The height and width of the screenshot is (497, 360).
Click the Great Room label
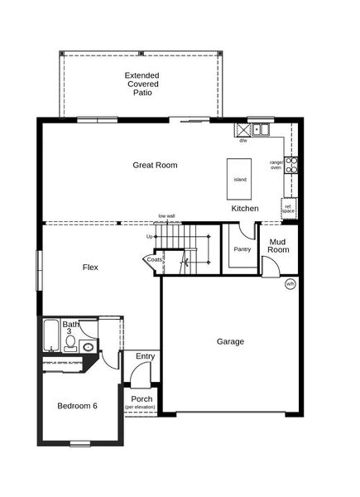point(155,166)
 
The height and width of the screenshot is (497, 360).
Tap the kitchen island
point(240,179)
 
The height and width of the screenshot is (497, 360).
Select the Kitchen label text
point(246,208)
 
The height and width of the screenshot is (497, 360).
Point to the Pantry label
point(242,249)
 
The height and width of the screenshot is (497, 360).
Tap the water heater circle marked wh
point(290,284)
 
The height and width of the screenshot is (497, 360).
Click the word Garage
point(230,341)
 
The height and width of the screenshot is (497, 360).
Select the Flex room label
point(90,268)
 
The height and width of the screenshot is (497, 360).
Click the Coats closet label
point(155,260)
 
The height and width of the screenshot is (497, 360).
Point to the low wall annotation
point(166,216)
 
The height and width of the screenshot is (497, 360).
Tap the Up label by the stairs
point(150,237)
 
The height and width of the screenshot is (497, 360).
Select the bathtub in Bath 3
point(51,335)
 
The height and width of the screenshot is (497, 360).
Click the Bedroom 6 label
point(77,406)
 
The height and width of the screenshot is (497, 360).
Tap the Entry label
point(145,357)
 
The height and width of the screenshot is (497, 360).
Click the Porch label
point(141,398)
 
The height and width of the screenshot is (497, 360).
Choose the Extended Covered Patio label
point(142,84)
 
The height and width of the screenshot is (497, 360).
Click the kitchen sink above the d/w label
point(261,129)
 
